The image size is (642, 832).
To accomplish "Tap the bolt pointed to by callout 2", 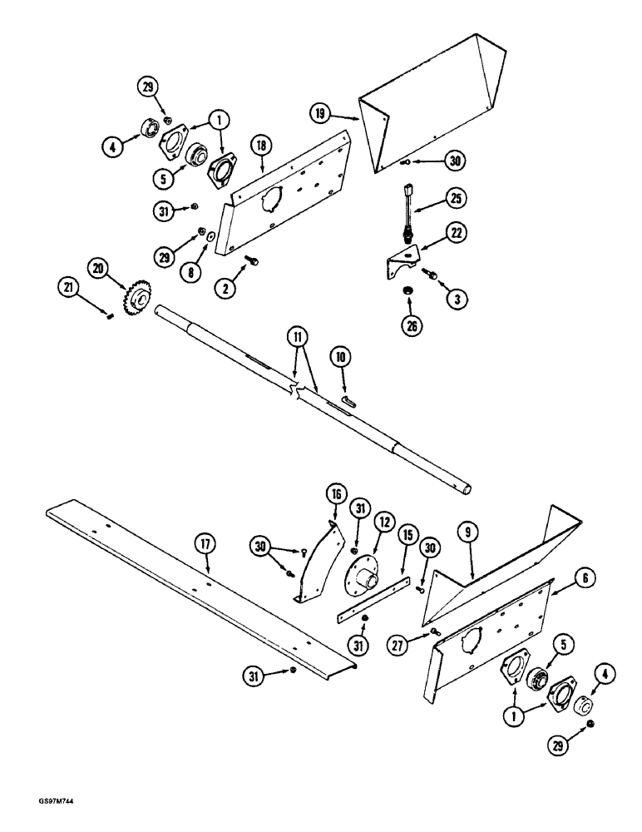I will [x=251, y=262].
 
